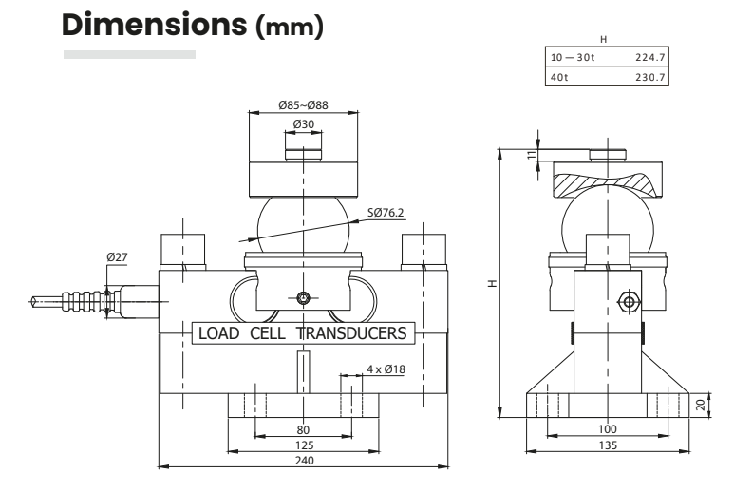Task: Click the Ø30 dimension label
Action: coord(303,123)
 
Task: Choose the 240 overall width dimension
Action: coord(303,461)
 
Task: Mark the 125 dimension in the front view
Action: coord(303,444)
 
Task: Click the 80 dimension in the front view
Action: coord(303,428)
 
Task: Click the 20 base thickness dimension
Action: coord(700,403)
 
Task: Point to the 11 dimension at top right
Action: coord(532,154)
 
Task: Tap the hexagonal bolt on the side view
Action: coord(627,300)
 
